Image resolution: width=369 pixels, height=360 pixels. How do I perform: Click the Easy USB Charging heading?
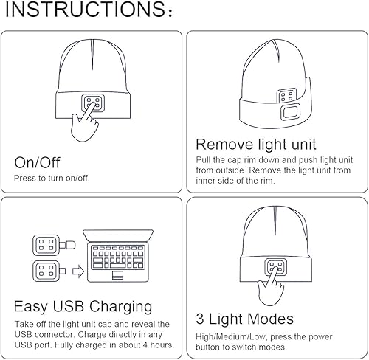(83, 305)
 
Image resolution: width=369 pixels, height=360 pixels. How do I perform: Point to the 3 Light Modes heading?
(244, 319)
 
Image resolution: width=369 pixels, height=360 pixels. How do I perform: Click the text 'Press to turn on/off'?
(51, 179)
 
